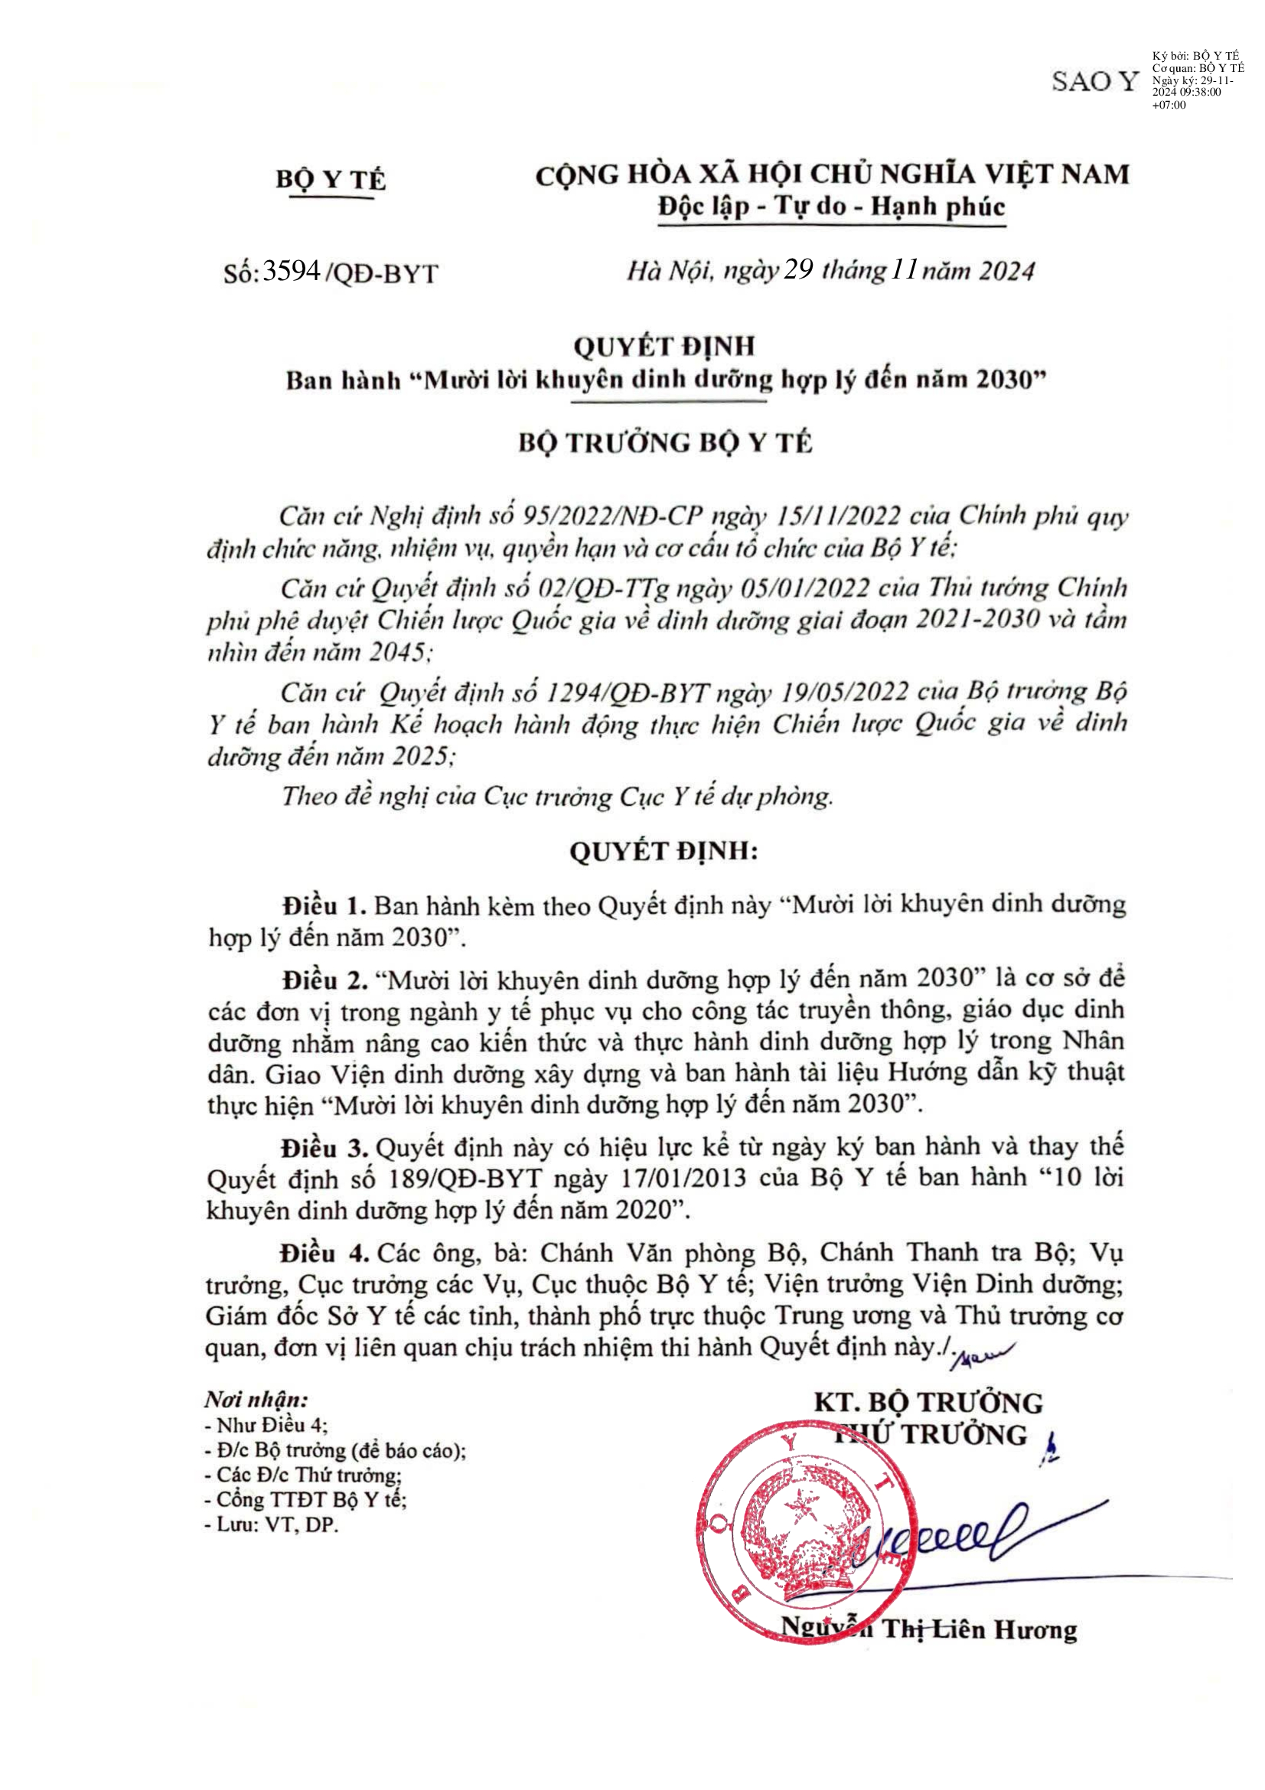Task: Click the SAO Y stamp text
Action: pos(1094,81)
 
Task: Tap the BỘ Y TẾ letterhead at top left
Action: pos(331,179)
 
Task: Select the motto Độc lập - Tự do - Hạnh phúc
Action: pos(832,207)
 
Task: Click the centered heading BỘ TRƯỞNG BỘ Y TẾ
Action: pos(665,443)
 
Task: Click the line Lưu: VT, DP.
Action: pos(271,1524)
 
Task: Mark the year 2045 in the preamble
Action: pos(397,651)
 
